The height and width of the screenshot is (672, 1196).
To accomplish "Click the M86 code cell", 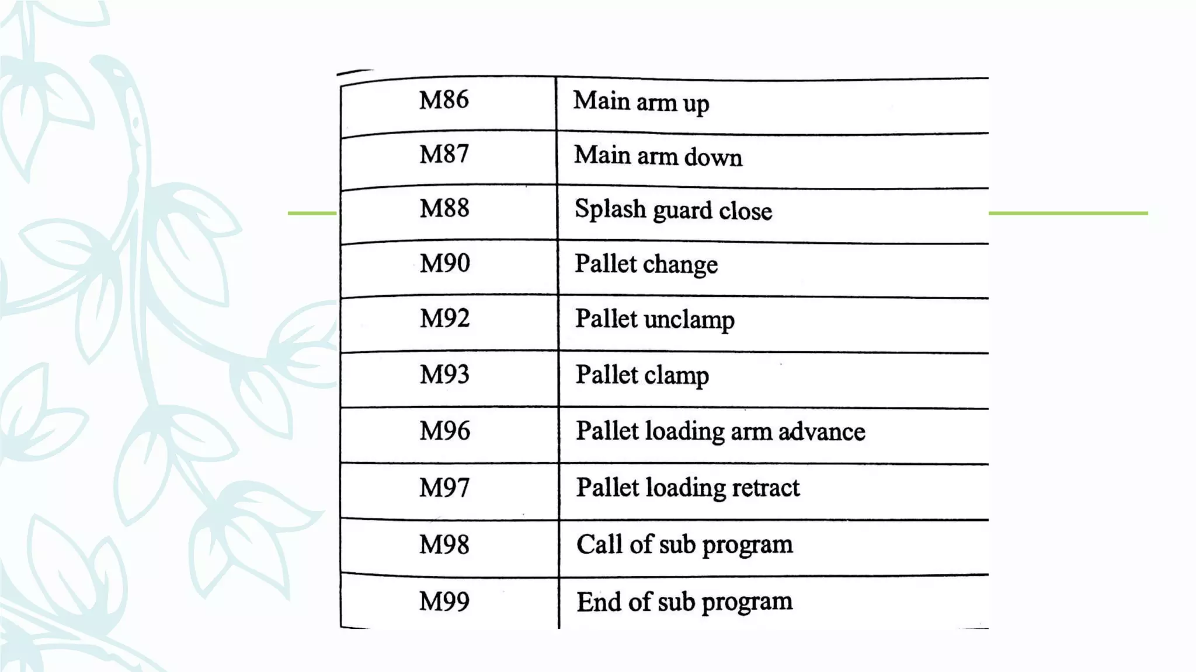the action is (x=444, y=100).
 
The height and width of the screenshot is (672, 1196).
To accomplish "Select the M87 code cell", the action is (x=444, y=155).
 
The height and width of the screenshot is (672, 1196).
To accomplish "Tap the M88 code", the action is (x=444, y=208).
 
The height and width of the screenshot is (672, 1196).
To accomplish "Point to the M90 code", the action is (x=444, y=263).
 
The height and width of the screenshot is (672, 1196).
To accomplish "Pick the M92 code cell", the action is (x=444, y=318).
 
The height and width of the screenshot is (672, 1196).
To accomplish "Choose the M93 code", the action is (x=444, y=374).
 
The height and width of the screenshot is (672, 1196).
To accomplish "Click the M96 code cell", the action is (x=444, y=431).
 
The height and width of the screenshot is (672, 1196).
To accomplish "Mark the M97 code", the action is (x=444, y=488).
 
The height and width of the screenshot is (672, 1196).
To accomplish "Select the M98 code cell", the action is (x=444, y=545).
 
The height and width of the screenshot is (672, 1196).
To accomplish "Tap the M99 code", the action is (x=444, y=601).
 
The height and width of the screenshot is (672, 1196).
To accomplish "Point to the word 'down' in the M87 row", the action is (x=713, y=157).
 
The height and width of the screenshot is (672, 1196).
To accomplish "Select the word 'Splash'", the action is (x=610, y=209).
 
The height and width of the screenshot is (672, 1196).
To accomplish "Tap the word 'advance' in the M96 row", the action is (x=822, y=432).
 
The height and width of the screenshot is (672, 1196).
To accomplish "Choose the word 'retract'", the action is (x=766, y=488).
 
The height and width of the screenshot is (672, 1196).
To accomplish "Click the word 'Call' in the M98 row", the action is (x=599, y=544).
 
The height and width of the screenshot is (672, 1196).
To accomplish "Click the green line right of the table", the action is (x=1068, y=213).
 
